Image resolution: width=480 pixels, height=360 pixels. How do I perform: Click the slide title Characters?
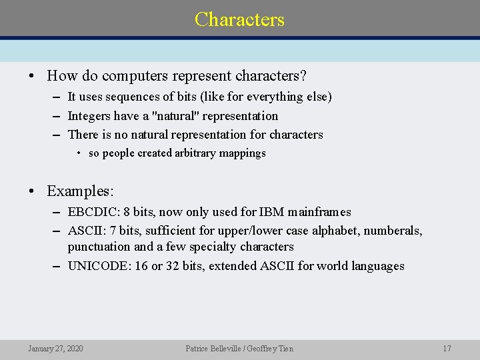click(x=239, y=19)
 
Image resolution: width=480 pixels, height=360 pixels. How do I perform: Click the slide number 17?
click(x=447, y=349)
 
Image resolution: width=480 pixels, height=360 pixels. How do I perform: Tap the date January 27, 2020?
click(x=55, y=349)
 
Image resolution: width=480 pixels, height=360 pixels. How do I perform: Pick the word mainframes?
click(x=319, y=212)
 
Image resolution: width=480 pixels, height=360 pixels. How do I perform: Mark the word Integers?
click(x=89, y=116)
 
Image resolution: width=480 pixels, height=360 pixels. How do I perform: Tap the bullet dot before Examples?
click(x=32, y=191)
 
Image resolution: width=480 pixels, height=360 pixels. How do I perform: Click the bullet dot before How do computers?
click(x=32, y=75)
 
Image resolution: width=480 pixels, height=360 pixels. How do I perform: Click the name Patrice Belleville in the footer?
click(x=209, y=349)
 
